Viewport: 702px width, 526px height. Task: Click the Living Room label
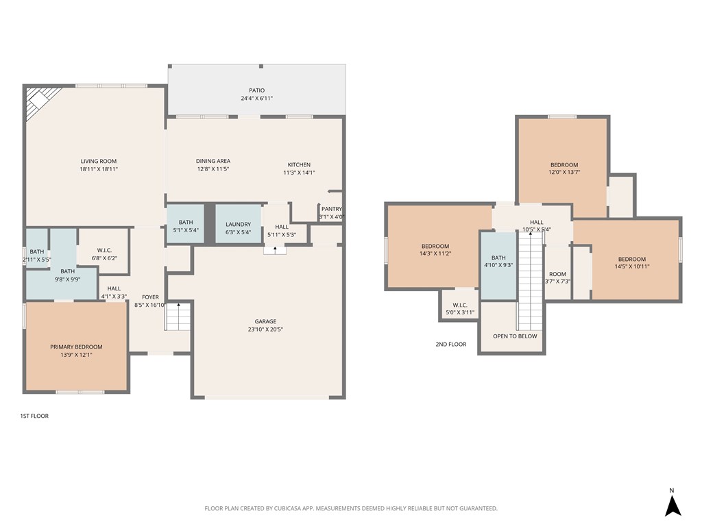pyautogui.click(x=99, y=162)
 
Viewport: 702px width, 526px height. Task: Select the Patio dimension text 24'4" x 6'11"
pyautogui.click(x=256, y=99)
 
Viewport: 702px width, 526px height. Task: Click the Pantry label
pyautogui.click(x=331, y=210)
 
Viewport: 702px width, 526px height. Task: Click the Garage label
pyautogui.click(x=265, y=321)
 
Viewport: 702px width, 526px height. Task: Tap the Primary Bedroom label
pyautogui.click(x=76, y=347)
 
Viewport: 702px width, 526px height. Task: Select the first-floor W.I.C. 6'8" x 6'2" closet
pyautogui.click(x=104, y=254)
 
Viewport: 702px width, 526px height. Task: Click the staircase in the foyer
pyautogui.click(x=178, y=316)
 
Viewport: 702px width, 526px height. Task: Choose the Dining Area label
pyautogui.click(x=213, y=162)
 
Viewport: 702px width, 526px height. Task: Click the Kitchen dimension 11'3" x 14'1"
pyautogui.click(x=299, y=173)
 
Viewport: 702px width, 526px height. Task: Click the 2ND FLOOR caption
pyautogui.click(x=450, y=345)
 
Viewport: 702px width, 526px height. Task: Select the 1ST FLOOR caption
pyautogui.click(x=34, y=416)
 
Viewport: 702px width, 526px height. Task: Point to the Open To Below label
pyautogui.click(x=515, y=336)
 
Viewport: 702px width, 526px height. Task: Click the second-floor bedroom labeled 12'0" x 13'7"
pyautogui.click(x=564, y=168)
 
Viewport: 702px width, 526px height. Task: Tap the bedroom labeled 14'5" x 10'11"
pyautogui.click(x=631, y=263)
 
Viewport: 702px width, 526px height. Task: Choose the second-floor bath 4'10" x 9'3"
pyautogui.click(x=498, y=261)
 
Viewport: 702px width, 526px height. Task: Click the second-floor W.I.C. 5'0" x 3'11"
pyautogui.click(x=459, y=308)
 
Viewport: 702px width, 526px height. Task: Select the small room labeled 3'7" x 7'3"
pyautogui.click(x=557, y=277)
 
